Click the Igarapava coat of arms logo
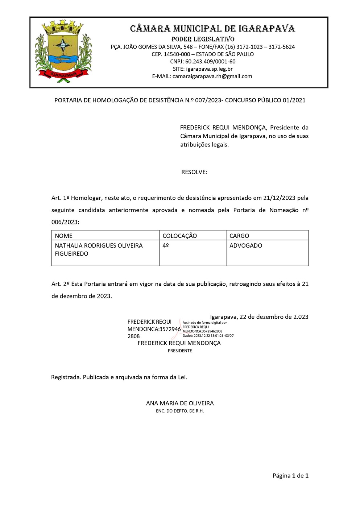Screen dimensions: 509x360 point(63,51)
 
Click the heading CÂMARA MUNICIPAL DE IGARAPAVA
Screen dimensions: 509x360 point(212,29)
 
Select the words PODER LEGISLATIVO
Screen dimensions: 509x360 point(203,39)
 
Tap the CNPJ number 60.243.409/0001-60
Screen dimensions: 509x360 point(210,62)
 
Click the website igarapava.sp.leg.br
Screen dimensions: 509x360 point(209,69)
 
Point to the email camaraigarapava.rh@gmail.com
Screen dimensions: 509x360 point(212,76)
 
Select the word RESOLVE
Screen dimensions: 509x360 point(194,172)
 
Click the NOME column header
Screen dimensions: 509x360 point(64,236)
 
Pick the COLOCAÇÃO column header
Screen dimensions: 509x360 point(180,236)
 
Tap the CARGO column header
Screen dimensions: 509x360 point(239,236)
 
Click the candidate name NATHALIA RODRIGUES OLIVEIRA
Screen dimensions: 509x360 point(99,246)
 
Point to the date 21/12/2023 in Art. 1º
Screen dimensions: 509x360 point(279,198)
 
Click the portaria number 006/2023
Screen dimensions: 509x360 point(65,222)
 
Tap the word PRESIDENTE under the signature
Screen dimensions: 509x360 point(180,351)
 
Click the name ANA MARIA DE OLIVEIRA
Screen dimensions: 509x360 point(180,403)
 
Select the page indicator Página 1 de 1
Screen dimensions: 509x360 point(290,476)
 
